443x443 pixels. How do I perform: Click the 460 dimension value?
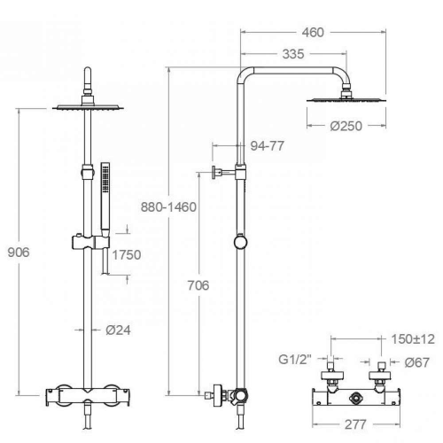313,32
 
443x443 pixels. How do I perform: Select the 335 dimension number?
293,54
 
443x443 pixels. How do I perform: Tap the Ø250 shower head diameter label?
346,126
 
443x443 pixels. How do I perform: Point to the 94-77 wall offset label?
268,145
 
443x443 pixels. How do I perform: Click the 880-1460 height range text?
168,207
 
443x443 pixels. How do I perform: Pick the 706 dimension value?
198,285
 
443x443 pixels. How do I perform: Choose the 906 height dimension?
19,253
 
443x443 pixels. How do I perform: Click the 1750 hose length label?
127,254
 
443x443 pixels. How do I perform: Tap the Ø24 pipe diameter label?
118,330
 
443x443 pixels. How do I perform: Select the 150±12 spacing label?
413,339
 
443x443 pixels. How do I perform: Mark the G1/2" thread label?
295,360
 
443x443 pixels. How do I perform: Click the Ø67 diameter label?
417,362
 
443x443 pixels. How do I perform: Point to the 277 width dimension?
355,424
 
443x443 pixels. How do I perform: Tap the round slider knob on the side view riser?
240,242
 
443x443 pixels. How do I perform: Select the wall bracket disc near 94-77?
214,173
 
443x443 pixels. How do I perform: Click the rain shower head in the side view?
346,100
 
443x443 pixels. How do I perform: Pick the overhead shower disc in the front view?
88,107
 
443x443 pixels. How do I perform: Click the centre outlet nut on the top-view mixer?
355,399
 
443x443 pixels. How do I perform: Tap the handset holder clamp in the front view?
90,242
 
